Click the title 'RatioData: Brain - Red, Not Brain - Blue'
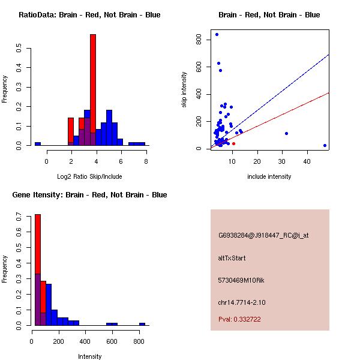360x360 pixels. click(89, 15)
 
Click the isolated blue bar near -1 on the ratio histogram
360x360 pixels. click(38, 144)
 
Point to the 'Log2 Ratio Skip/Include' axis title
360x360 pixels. click(89, 176)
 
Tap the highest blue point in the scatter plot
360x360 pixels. click(217, 34)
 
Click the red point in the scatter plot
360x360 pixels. click(233, 143)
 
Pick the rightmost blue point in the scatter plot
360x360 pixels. click(325, 145)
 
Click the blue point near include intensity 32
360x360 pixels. click(286, 133)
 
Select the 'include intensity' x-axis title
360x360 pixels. click(269, 176)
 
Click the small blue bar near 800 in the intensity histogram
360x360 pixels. click(142, 324)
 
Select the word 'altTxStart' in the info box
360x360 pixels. click(232, 258)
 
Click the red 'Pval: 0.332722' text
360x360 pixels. click(239, 319)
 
